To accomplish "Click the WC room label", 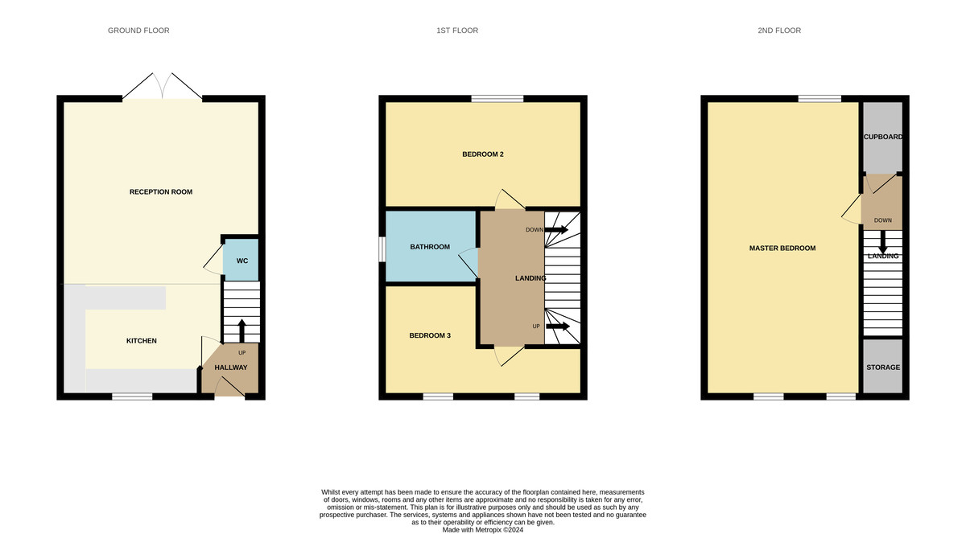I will coord(242,261).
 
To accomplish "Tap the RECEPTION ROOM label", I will coord(161,192).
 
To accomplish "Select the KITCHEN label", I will coord(142,341).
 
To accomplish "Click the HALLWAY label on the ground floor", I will coord(231,368).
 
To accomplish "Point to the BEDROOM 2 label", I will coord(483,154).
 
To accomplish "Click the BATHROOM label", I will coord(430,247).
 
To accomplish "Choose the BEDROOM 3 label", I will coord(430,335).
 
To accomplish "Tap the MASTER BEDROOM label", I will coord(782,249).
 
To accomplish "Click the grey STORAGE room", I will coord(883,368).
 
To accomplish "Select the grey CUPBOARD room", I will coord(883,138).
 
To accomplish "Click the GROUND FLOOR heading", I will coord(138,31).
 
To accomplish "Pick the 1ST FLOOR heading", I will coord(457,31).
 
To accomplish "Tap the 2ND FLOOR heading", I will coord(779,31).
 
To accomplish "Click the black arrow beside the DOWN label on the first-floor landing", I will coord(557,230).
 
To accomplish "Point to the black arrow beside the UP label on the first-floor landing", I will coord(557,327).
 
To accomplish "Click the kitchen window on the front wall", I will coord(132,396).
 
